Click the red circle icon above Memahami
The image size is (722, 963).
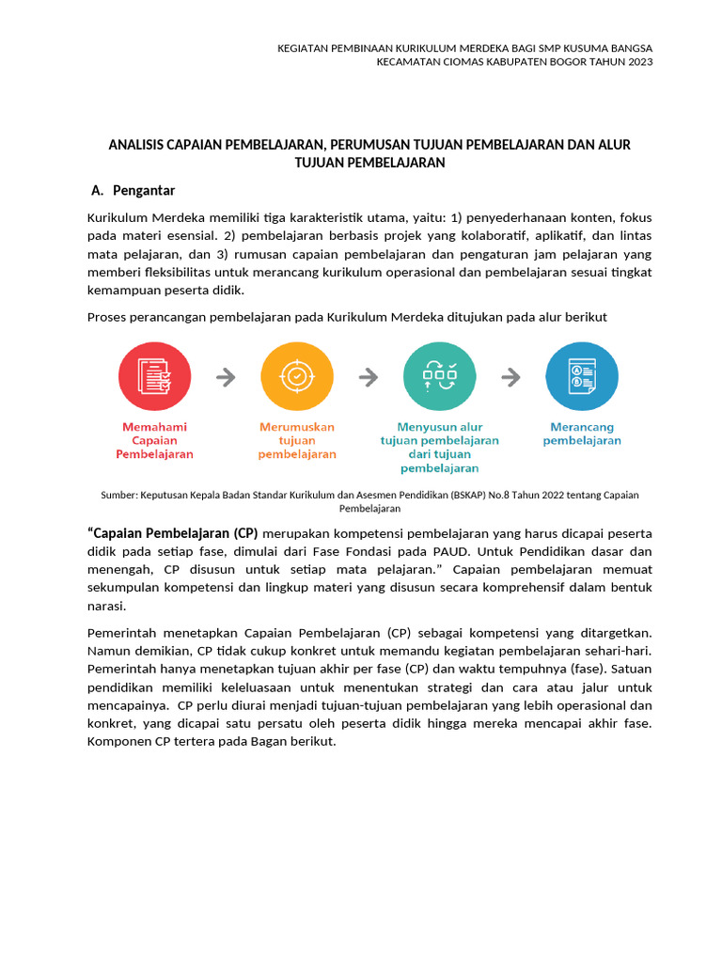coord(154,377)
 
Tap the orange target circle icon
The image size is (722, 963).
coord(297,377)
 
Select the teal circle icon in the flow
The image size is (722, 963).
coord(439,377)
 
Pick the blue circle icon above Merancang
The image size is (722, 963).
coord(582,377)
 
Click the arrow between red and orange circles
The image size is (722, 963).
coord(226,377)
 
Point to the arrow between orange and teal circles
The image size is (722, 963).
coord(369,377)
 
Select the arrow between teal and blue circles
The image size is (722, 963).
coord(510,377)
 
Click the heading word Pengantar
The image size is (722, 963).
coord(144,191)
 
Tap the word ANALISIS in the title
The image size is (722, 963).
coord(137,145)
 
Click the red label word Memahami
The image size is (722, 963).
coord(154,427)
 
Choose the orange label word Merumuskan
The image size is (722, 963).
coord(297,427)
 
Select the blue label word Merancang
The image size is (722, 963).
coord(582,427)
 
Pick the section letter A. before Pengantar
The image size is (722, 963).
coord(97,191)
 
